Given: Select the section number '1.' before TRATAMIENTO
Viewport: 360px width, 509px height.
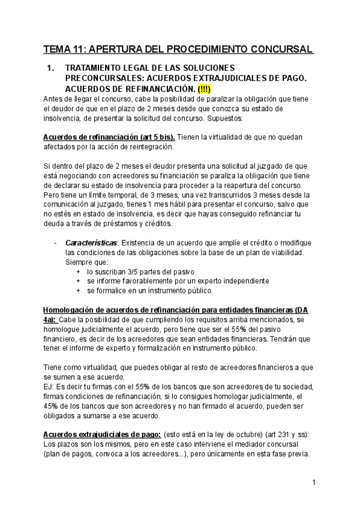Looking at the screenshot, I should pyautogui.click(x=51, y=68).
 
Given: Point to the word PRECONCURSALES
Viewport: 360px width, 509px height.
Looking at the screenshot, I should pyautogui.click(x=102, y=79).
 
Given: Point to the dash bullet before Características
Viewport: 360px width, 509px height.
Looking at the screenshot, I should pyautogui.click(x=55, y=242).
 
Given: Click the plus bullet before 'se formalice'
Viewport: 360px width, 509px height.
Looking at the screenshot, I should pyautogui.click(x=79, y=291).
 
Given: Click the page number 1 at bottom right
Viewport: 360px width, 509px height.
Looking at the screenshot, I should pyautogui.click(x=314, y=482).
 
